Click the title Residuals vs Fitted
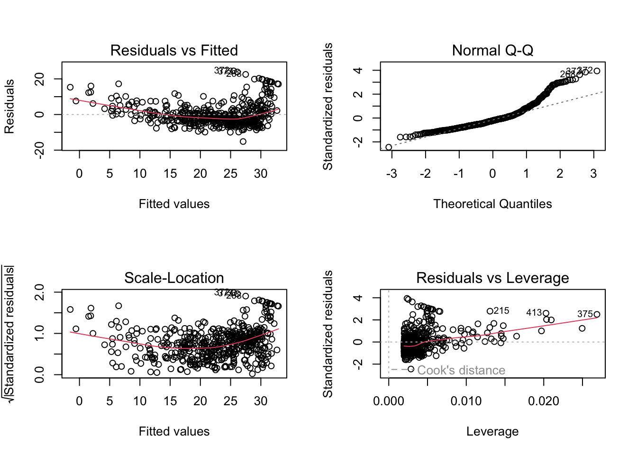point(174,50)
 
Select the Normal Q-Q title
point(492,50)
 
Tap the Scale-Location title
point(174,278)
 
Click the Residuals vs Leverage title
point(492,278)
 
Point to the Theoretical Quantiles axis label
point(492,204)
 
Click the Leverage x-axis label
point(492,431)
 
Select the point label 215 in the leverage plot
point(501,311)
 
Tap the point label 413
point(534,313)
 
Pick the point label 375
point(585,314)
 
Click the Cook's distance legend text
point(461,370)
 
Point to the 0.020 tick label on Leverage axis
point(544,401)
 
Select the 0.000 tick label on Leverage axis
point(389,401)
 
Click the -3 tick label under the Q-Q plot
point(391,174)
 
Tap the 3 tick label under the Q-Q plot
point(593,174)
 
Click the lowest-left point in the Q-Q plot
point(389,147)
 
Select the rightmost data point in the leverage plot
point(597,314)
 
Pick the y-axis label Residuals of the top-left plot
point(9,107)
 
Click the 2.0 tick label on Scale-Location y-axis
point(40,292)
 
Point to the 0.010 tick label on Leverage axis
point(466,401)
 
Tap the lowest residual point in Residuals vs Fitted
point(243,141)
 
